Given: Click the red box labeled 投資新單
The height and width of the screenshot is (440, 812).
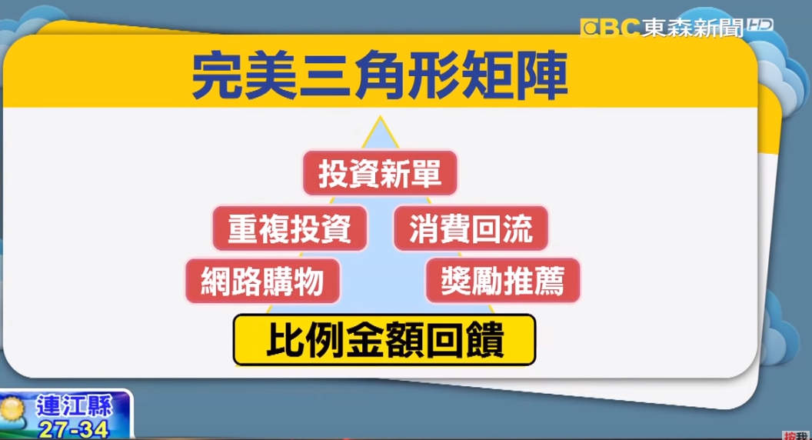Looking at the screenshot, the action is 380,173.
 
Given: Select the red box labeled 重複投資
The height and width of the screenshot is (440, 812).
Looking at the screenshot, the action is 289,228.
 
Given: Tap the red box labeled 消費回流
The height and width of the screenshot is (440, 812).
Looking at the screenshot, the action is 471,228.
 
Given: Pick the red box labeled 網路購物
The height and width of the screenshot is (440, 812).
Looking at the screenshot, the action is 262,281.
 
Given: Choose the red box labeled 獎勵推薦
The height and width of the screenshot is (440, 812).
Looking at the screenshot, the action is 502,280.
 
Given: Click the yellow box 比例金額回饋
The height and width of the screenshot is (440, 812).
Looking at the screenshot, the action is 384,340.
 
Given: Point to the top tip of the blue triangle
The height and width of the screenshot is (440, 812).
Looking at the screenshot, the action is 380,116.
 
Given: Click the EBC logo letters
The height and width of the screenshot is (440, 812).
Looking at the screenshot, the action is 610,27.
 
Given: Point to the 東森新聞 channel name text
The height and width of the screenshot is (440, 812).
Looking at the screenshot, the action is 692,28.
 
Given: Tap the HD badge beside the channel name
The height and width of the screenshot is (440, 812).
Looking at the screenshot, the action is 759,25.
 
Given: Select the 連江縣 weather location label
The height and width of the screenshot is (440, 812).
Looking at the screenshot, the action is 74,406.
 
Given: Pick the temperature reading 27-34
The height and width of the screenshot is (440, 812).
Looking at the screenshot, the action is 73,429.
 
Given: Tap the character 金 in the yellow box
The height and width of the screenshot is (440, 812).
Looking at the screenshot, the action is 365,340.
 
